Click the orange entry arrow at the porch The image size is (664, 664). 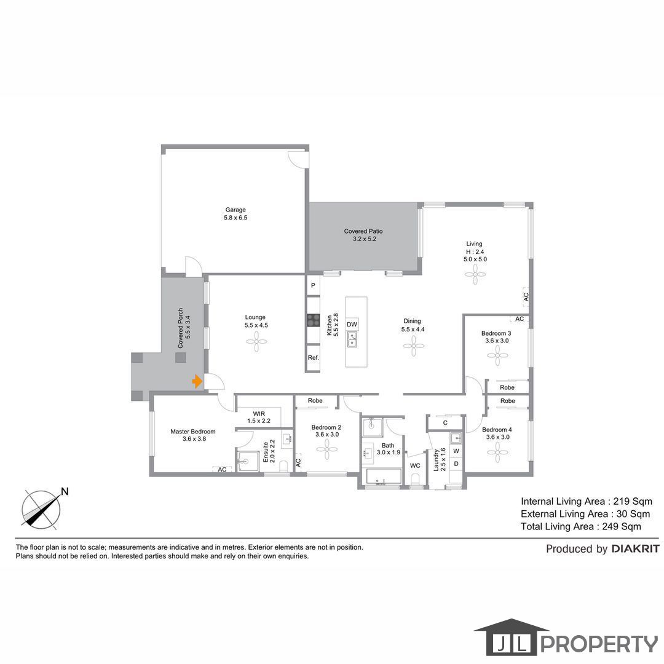(x=197, y=381)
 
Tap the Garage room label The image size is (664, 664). (x=235, y=210)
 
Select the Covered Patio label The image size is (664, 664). (x=363, y=231)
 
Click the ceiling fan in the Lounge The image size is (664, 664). (x=256, y=342)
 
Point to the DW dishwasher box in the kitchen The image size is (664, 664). (x=352, y=325)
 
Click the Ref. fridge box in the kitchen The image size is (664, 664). (x=314, y=358)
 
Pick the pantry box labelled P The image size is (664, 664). (x=314, y=285)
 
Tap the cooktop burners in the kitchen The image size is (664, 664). (x=314, y=320)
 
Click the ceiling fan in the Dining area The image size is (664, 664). (x=414, y=346)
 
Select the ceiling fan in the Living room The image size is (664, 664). (x=475, y=274)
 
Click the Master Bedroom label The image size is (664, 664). (x=192, y=432)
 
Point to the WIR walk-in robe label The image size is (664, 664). (x=259, y=414)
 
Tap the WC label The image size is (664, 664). (x=415, y=465)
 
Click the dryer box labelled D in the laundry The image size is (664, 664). (x=456, y=464)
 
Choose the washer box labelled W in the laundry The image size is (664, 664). (x=456, y=451)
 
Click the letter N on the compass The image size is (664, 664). (x=65, y=492)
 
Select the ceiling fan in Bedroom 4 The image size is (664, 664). (x=497, y=452)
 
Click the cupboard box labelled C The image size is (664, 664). (x=445, y=422)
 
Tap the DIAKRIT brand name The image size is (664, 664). (x=636, y=549)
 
